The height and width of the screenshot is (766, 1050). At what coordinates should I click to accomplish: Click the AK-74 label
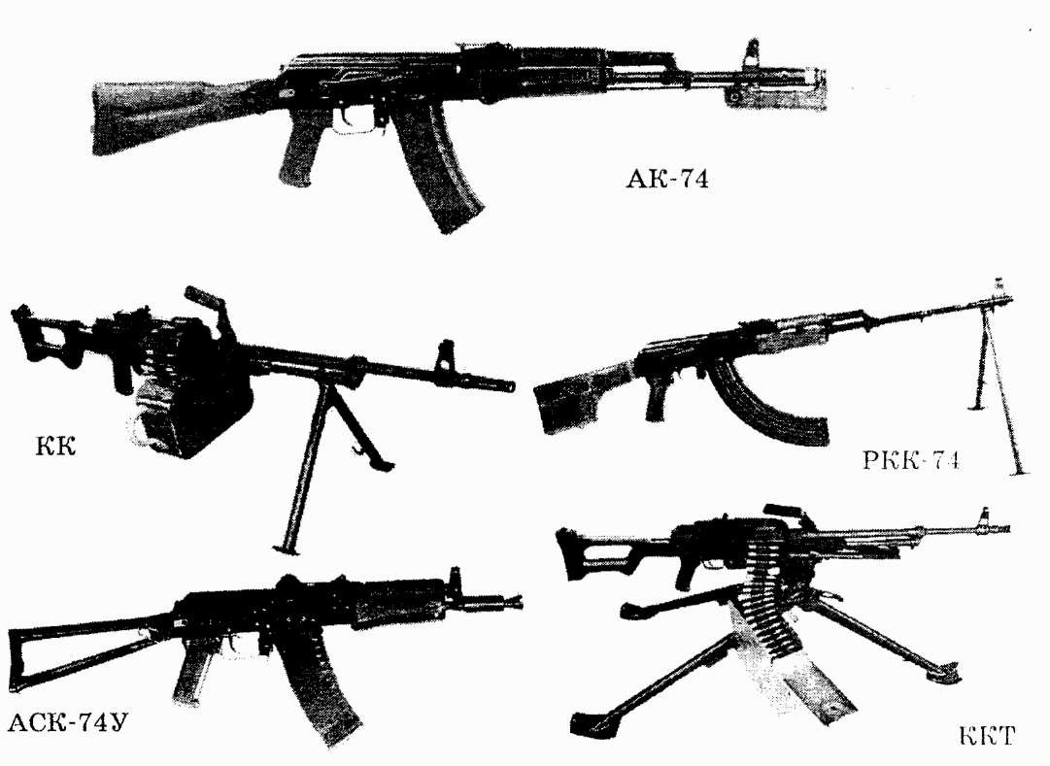point(667,179)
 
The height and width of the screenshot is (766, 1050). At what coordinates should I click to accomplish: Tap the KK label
point(50,448)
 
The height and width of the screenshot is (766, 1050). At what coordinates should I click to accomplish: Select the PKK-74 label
point(911,460)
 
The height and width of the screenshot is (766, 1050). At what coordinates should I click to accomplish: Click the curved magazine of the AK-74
point(439,180)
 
